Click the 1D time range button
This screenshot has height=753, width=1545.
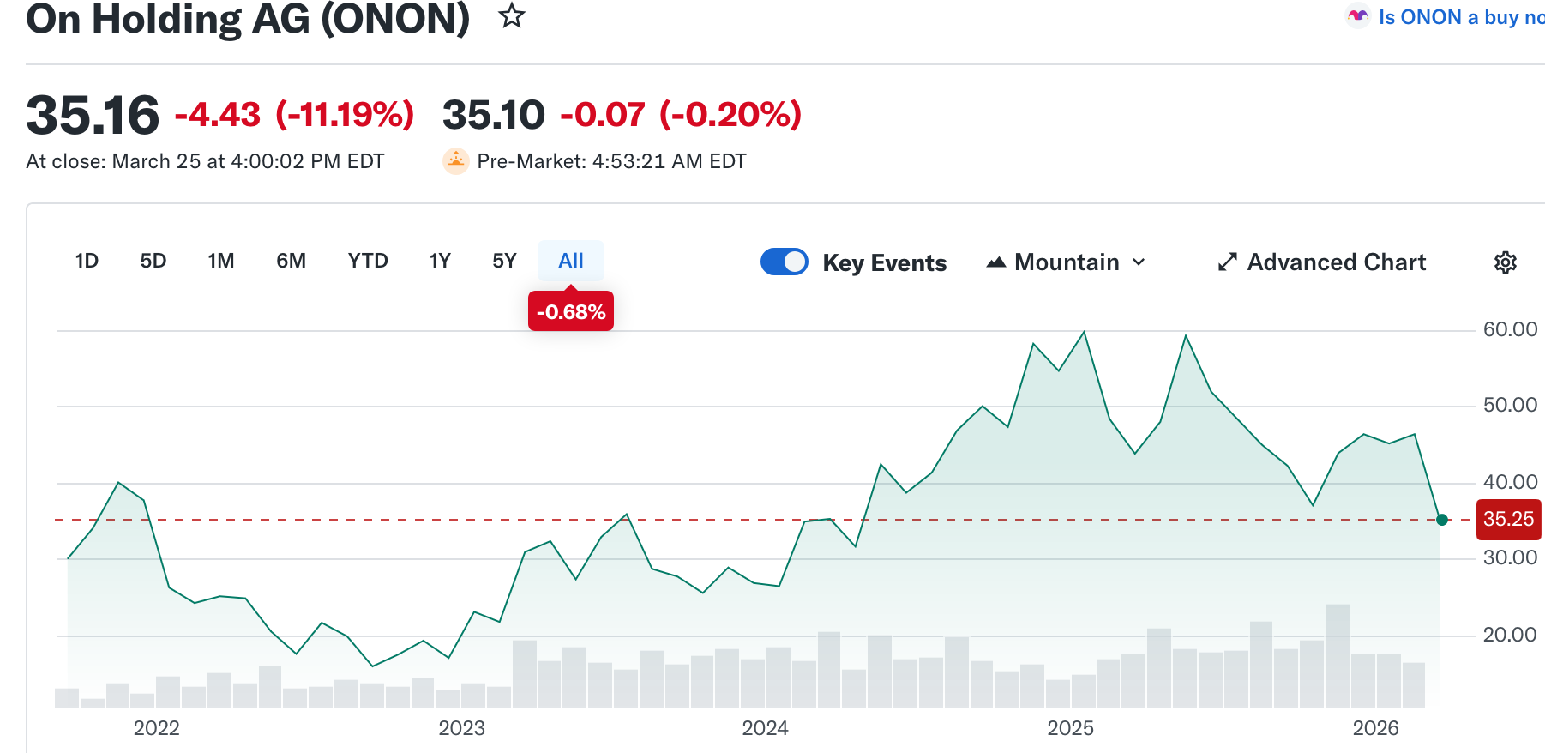tap(87, 261)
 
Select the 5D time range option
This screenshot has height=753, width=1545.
tap(153, 261)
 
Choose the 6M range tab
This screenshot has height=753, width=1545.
tap(291, 261)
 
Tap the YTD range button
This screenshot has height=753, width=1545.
tap(368, 261)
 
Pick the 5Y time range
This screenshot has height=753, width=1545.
tap(504, 261)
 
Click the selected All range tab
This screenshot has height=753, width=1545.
tap(571, 261)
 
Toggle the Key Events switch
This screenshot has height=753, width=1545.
tap(785, 262)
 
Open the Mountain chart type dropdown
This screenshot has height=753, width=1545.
tap(1067, 262)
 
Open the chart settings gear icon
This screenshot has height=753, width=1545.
tap(1506, 262)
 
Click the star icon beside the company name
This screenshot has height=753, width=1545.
tap(512, 15)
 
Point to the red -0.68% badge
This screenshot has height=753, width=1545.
tap(571, 311)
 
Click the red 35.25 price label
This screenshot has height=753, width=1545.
tap(1508, 520)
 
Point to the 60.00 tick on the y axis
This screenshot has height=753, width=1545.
tap(1510, 329)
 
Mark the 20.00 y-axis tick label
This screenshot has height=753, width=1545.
tap(1510, 635)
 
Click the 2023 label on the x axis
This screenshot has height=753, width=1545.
tap(461, 728)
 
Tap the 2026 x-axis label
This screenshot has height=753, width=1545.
tap(1375, 728)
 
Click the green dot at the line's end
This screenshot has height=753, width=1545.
tap(1442, 520)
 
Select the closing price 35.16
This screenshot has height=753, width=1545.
tap(93, 115)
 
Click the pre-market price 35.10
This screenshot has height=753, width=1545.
tap(494, 115)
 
